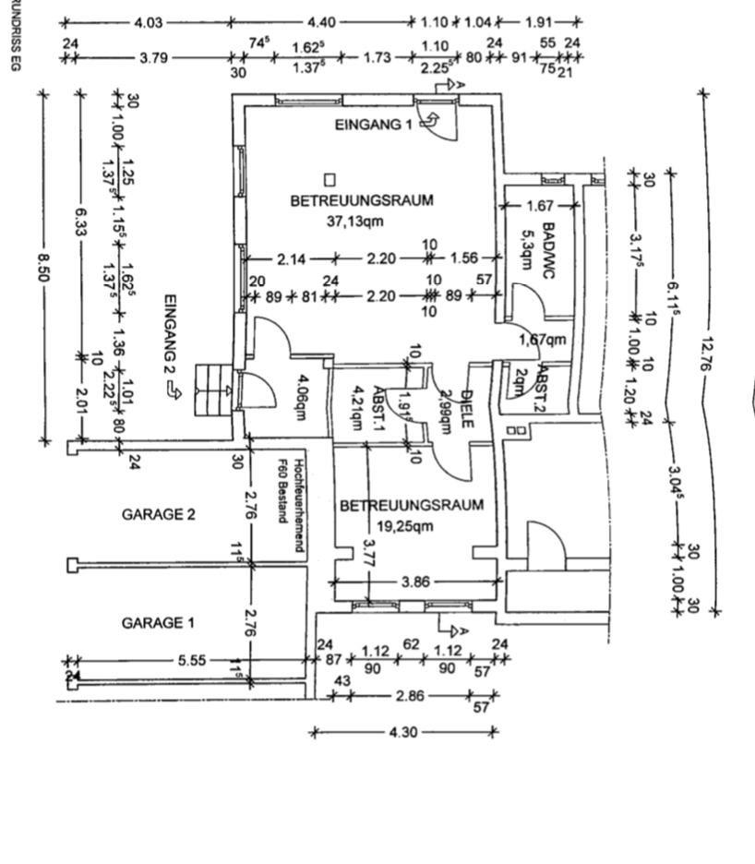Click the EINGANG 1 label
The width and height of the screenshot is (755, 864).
pos(373,126)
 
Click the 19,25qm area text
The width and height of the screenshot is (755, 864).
pos(412,527)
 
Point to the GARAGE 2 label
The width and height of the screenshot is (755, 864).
pos(158,515)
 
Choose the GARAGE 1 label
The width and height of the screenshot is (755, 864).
pos(158,623)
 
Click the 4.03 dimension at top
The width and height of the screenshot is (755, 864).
pos(148,22)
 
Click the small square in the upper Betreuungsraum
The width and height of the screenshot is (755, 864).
pos(330,179)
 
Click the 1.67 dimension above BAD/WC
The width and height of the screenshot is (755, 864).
pos(539,207)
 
